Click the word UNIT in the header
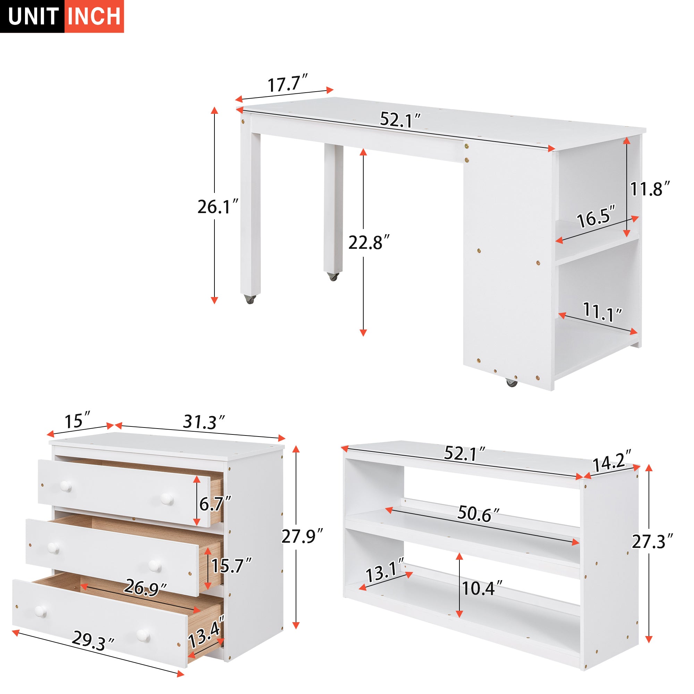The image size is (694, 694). [33, 17]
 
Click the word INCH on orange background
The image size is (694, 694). [94, 17]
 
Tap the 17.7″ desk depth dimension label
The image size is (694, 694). [287, 84]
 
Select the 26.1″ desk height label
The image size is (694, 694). [218, 207]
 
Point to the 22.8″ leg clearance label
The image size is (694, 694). [369, 243]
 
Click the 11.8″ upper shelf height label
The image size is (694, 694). [650, 189]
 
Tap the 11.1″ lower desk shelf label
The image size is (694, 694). [602, 312]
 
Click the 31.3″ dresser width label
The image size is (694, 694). [204, 422]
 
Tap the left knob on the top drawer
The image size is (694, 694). [66, 486]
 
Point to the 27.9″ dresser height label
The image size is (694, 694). [302, 537]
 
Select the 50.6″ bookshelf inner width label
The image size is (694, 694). [478, 514]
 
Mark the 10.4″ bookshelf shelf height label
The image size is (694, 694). [481, 589]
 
